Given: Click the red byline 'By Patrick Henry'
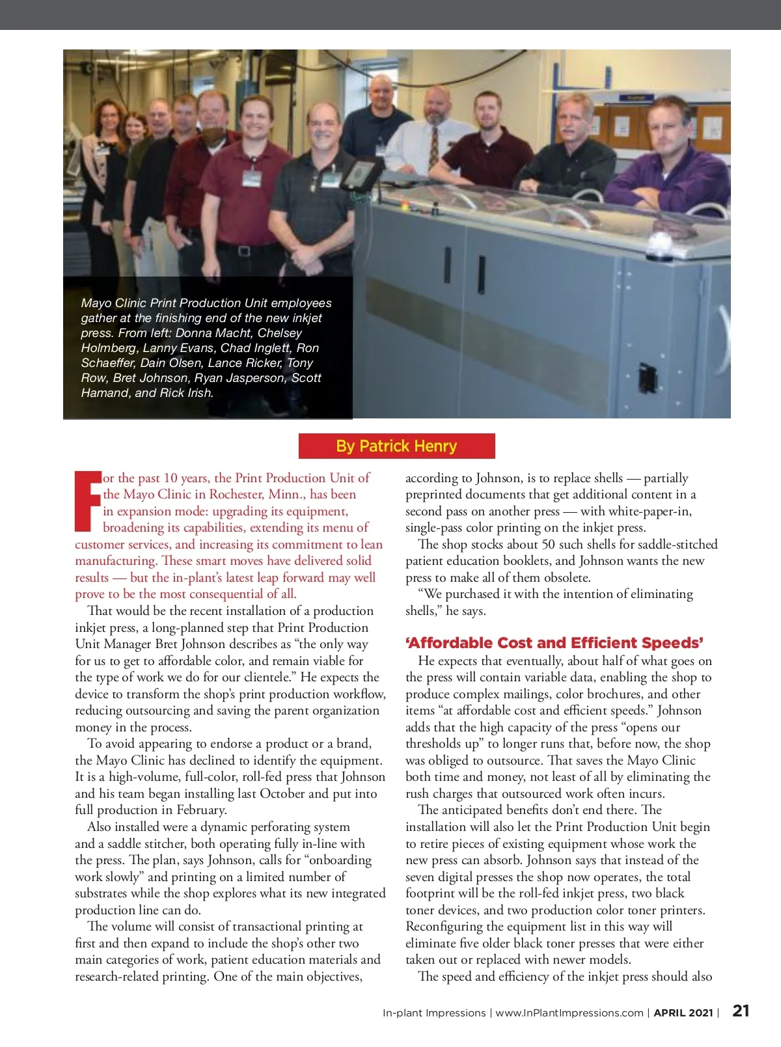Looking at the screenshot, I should coord(396,446).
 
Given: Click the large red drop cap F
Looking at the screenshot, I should coord(87,500).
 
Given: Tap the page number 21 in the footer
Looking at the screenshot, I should coord(741,1011).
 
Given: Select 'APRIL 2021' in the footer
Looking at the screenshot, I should coord(683,1013).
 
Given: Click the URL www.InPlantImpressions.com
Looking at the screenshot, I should coord(569,1013).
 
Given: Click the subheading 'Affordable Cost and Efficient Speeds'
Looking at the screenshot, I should coord(555,643).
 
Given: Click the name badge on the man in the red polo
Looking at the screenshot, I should coord(252,177).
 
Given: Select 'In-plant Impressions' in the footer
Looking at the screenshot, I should coord(433,1013).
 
